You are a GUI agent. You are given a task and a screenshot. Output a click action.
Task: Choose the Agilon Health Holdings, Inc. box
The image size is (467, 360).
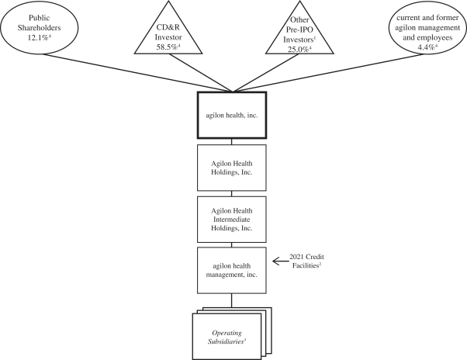tap(232, 165)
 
